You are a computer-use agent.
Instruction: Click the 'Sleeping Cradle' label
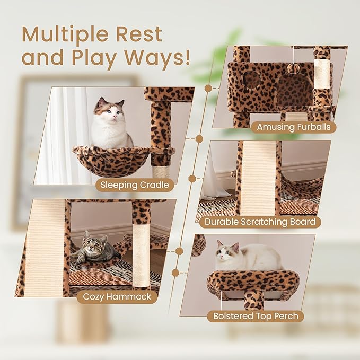tap(135, 185)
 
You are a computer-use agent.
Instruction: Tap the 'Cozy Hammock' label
tap(117, 297)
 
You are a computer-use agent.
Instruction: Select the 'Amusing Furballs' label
tap(293, 127)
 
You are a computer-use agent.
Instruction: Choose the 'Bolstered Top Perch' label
tap(256, 317)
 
